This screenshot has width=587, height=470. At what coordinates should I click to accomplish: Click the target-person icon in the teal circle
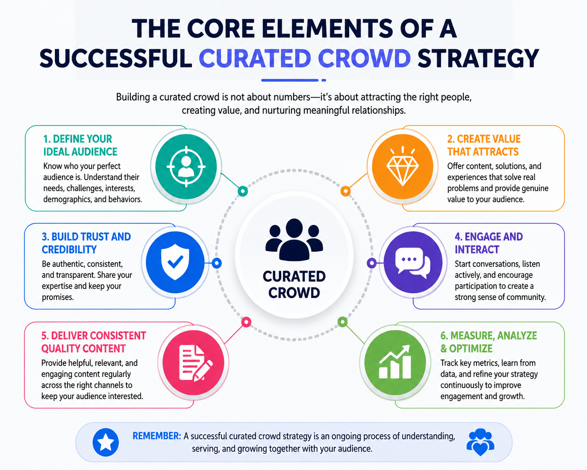tap(186, 166)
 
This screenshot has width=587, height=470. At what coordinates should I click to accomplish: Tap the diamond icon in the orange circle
tap(403, 166)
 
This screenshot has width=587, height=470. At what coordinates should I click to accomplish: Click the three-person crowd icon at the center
tap(294, 239)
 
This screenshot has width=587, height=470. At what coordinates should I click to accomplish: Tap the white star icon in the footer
tap(106, 442)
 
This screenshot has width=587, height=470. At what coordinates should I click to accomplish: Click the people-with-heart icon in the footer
tap(480, 442)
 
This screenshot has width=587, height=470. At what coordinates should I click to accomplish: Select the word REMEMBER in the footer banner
tap(157, 436)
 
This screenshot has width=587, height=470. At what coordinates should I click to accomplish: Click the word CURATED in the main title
tap(255, 58)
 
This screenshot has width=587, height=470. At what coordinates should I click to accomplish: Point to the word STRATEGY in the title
tap(478, 58)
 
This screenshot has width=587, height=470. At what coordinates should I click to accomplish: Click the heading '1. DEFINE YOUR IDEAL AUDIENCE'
tap(80, 145)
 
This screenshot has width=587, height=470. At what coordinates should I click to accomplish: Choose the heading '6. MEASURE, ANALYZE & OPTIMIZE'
tap(489, 342)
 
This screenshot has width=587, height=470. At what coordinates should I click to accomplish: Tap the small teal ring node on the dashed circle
tap(242, 191)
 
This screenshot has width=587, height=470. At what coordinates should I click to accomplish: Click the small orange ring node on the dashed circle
tap(345, 191)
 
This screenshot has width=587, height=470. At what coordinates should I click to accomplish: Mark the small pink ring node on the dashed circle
tap(246, 322)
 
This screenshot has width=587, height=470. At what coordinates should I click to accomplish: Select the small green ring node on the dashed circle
tap(342, 322)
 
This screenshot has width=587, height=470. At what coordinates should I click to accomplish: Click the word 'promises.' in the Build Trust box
tap(57, 297)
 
